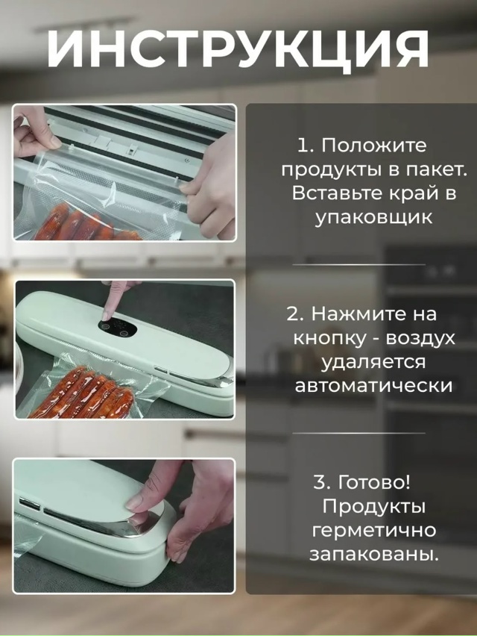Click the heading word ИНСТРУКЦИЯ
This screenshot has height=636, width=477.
238,50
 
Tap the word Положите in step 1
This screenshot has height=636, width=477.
373,144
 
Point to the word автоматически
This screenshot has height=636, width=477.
373,386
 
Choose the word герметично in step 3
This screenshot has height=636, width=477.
373,531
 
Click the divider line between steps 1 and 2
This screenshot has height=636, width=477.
358,264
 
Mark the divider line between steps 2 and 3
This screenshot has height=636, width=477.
358,433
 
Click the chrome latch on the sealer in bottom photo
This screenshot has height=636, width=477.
142,527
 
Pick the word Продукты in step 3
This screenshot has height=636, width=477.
373,506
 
